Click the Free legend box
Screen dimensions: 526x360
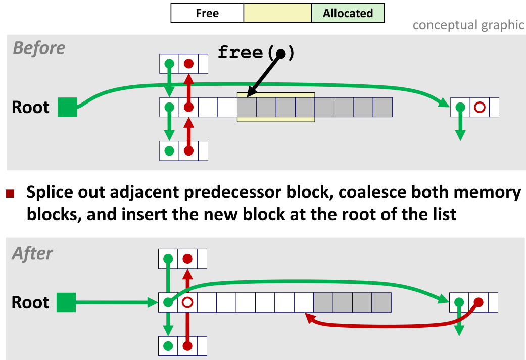[x=207, y=13]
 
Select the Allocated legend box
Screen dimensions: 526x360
[x=348, y=13]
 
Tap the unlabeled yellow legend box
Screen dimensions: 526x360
[x=277, y=13]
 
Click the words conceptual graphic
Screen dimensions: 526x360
[x=468, y=25]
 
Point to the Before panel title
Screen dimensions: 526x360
[x=39, y=48]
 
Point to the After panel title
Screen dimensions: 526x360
[x=33, y=253]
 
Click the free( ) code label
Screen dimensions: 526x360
[x=255, y=53]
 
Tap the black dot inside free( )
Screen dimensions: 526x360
[x=280, y=54]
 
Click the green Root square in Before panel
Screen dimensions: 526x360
[x=67, y=108]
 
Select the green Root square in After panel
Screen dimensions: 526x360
[x=66, y=303]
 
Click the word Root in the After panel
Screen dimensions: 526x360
[x=30, y=303]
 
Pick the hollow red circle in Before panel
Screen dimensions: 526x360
[x=480, y=108]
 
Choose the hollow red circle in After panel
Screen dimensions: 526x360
[x=187, y=303]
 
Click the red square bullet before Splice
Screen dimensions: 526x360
[x=10, y=194]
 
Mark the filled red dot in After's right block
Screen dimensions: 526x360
[x=478, y=302]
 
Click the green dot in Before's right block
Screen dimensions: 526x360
[x=460, y=108]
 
